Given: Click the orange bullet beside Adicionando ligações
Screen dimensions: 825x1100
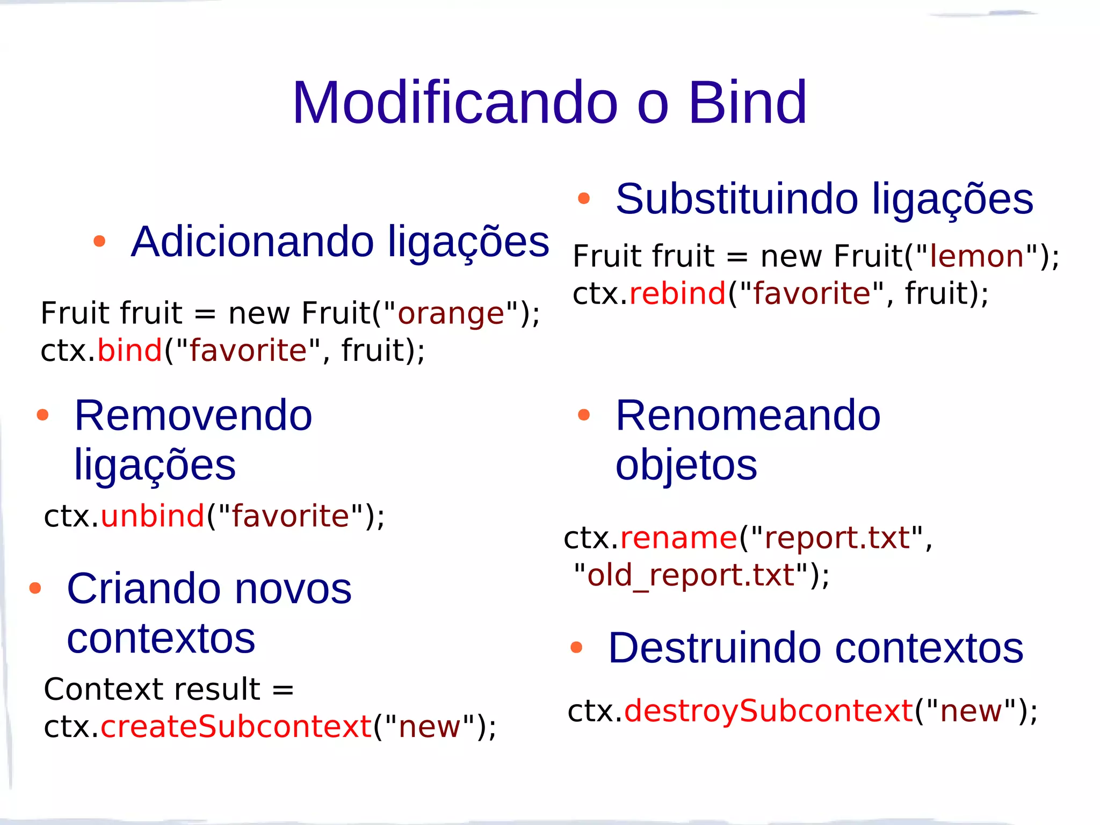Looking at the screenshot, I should pyautogui.click(x=99, y=241).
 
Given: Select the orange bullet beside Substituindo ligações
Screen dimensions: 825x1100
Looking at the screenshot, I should pyautogui.click(x=584, y=199).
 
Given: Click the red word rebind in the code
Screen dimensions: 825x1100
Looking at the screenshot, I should pyautogui.click(x=677, y=293).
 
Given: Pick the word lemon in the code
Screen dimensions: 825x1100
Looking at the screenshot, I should pyautogui.click(x=977, y=256).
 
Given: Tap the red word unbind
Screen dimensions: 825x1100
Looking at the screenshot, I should pyautogui.click(x=153, y=516).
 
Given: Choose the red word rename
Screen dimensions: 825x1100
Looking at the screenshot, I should pyautogui.click(x=679, y=538).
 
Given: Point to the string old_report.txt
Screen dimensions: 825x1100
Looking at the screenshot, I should pyautogui.click(x=691, y=575).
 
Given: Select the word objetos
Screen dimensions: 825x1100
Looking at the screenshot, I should pyautogui.click(x=686, y=465).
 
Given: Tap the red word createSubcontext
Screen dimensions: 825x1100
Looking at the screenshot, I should pyautogui.click(x=236, y=726).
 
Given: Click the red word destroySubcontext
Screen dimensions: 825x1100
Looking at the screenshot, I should pyautogui.click(x=769, y=711).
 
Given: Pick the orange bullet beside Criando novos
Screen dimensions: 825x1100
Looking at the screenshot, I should pyautogui.click(x=35, y=588).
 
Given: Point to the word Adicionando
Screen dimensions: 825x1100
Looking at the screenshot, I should pyautogui.click(x=252, y=241).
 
